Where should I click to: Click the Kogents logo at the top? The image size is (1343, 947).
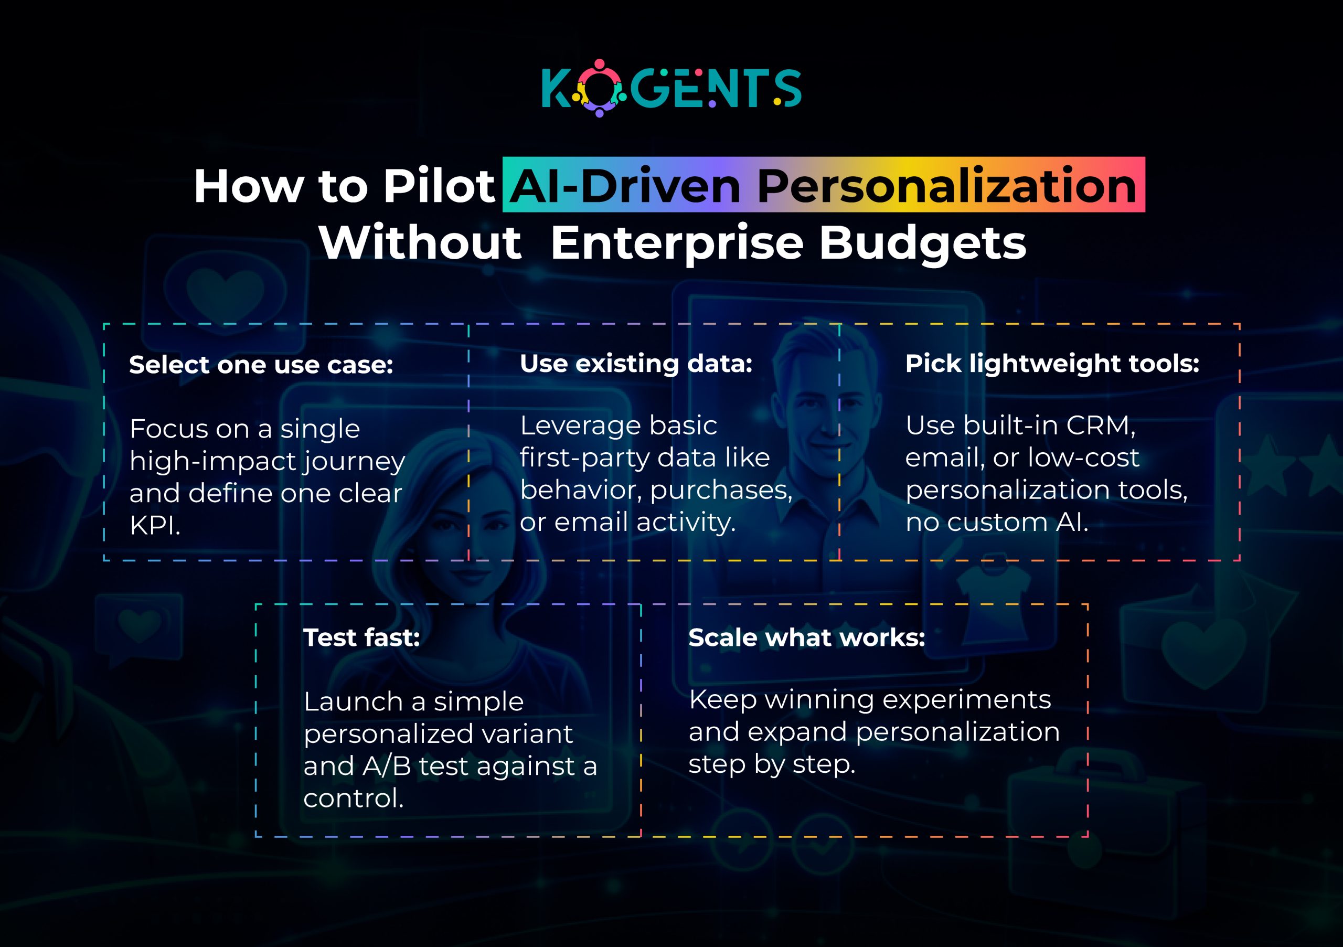click(x=671, y=88)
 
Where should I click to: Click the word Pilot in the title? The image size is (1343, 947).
click(x=439, y=187)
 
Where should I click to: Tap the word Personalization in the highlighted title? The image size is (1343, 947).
click(x=947, y=187)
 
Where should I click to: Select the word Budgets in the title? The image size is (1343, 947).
click(x=922, y=243)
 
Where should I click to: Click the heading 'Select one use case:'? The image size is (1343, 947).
click(x=261, y=365)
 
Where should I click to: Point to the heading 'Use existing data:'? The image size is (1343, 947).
click(x=636, y=364)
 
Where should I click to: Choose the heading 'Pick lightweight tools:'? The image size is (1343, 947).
click(x=1052, y=364)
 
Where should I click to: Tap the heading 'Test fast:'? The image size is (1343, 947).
click(x=361, y=637)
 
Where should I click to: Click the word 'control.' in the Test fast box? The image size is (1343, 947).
click(x=353, y=799)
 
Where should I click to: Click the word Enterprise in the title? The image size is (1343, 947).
click(x=677, y=243)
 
